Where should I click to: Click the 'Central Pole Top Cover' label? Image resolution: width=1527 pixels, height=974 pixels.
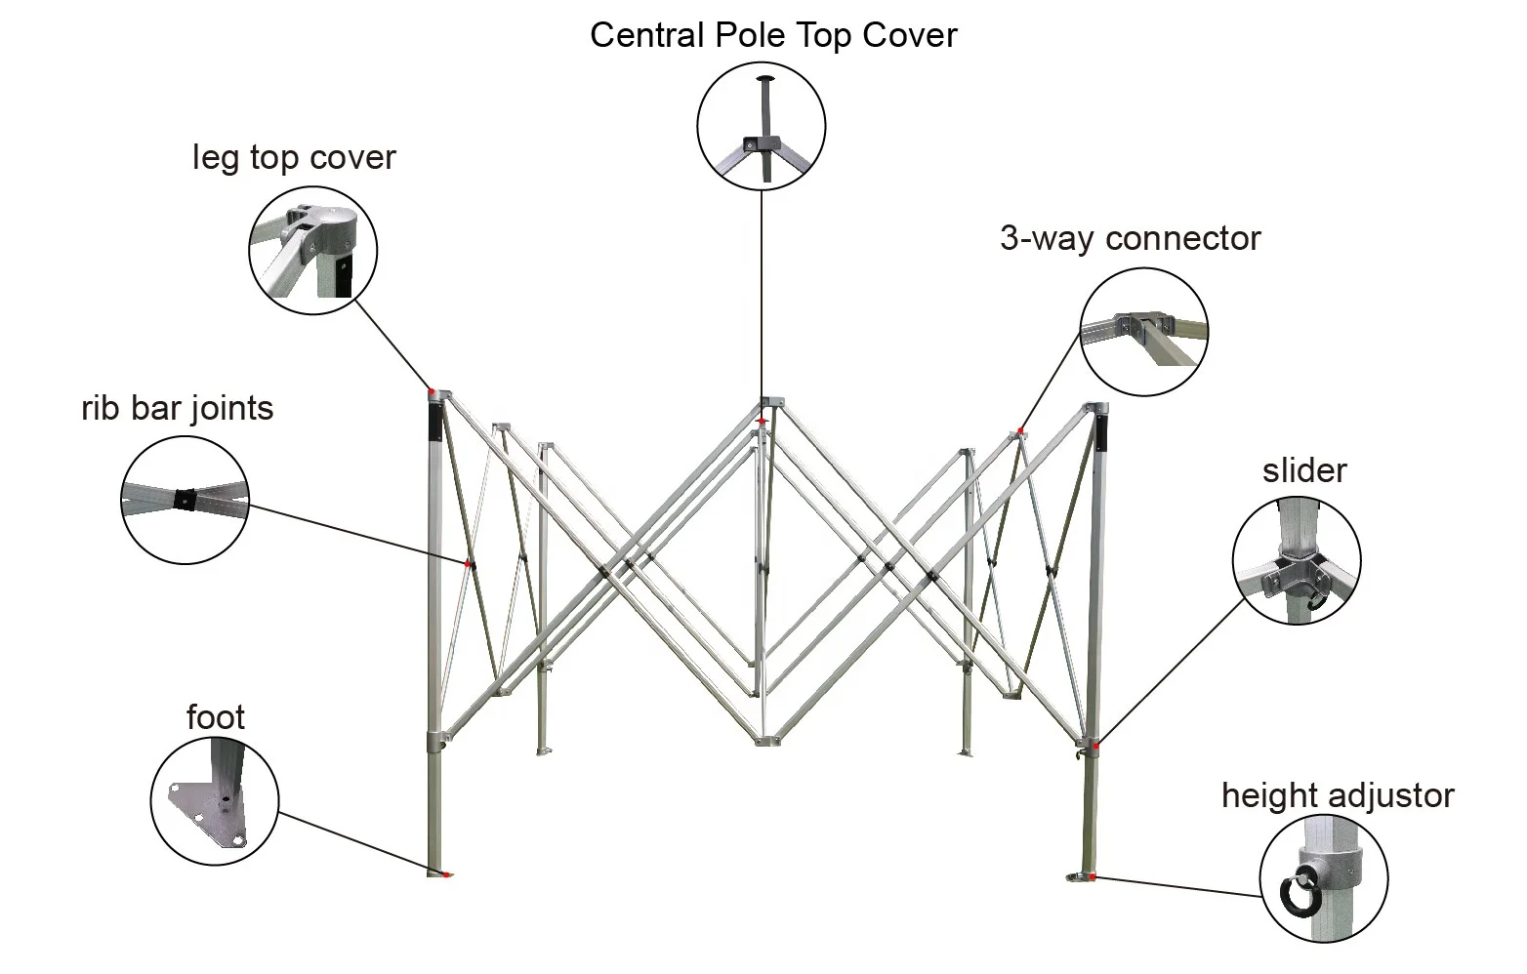773,35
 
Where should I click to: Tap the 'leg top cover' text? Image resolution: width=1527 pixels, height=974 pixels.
294,157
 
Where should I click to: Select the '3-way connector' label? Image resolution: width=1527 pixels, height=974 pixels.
1131,238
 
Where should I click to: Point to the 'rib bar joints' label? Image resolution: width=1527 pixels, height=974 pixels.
178,408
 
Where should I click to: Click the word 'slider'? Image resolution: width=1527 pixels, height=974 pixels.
1304,470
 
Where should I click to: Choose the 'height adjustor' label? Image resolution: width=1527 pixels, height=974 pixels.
1338,795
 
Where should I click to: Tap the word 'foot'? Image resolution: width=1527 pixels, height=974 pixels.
216,717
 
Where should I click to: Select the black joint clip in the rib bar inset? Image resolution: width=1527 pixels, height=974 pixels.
185,499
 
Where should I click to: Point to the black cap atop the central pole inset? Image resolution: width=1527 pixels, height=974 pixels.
766,78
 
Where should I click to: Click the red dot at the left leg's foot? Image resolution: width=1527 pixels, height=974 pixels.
446,874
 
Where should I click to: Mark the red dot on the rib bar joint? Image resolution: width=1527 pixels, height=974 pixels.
468,564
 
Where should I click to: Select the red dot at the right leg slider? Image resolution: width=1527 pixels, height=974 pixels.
1095,747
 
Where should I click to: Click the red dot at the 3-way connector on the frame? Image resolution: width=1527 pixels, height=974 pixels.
1020,430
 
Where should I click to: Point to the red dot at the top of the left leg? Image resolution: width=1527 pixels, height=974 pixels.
432,392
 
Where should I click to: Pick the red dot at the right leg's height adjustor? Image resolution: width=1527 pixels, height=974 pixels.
1093,876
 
